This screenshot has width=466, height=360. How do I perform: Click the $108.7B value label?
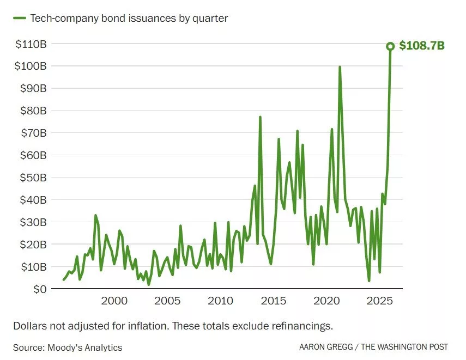422,46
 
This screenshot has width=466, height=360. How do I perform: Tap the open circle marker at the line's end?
390,46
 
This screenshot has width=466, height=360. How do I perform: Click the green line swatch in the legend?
20,18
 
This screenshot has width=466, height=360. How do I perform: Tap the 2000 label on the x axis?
114,301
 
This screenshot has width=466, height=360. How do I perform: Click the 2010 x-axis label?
220,301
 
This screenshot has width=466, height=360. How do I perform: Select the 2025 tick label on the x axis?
380,301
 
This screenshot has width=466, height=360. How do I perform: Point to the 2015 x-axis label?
274,301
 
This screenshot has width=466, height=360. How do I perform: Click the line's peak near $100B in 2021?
340,67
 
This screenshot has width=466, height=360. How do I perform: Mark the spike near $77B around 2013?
260,117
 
